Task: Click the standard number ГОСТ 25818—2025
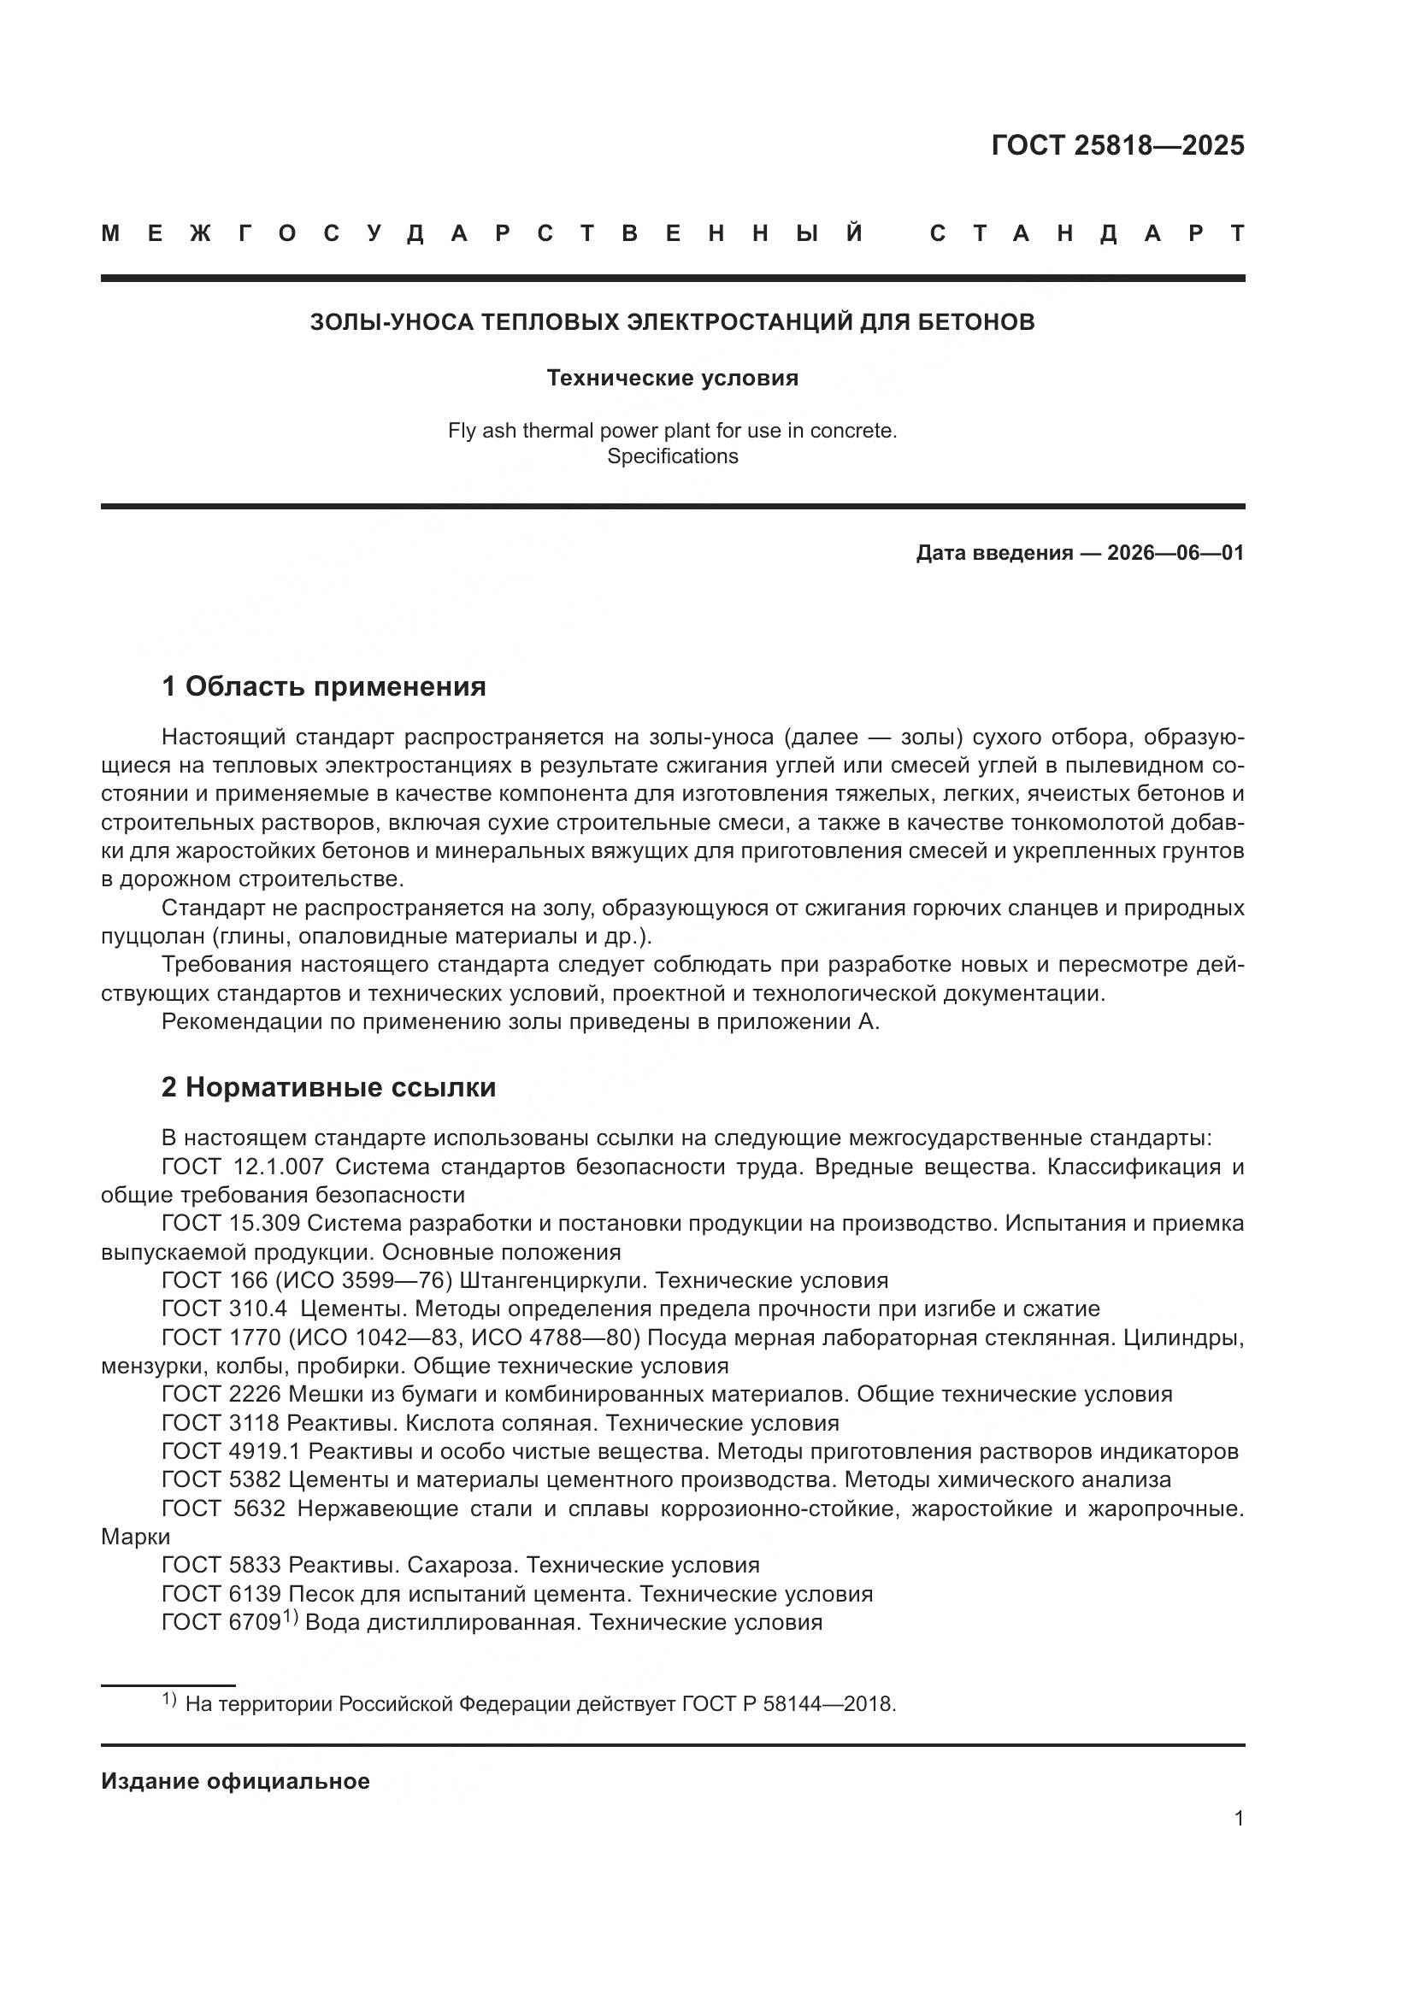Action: click(x=1117, y=145)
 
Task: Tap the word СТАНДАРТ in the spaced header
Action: click(x=1087, y=233)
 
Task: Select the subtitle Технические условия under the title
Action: click(x=672, y=378)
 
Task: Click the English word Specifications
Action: click(x=672, y=456)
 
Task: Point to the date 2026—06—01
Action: click(x=1175, y=553)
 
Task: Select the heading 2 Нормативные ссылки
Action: click(x=329, y=1087)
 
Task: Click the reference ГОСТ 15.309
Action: click(x=231, y=1223)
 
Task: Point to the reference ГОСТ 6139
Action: click(x=221, y=1594)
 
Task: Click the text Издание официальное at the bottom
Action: click(x=235, y=1781)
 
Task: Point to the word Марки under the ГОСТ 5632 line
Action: click(x=136, y=1537)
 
